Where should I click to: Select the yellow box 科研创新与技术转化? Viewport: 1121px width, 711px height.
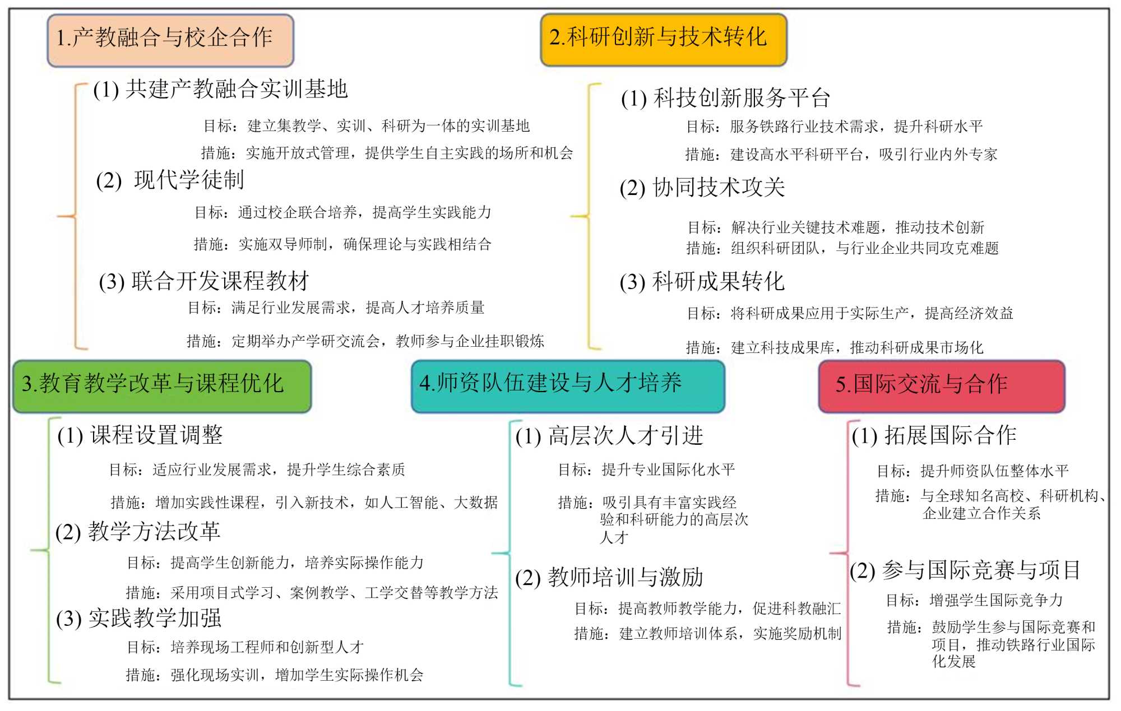click(x=663, y=39)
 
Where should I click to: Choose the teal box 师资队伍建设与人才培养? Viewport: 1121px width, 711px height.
click(x=567, y=385)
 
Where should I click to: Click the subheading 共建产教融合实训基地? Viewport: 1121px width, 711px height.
click(x=221, y=90)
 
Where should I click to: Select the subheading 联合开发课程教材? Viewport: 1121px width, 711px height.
click(x=204, y=281)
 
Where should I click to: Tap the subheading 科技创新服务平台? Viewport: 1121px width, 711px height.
click(x=725, y=99)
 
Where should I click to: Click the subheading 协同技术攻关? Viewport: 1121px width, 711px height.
click(x=702, y=188)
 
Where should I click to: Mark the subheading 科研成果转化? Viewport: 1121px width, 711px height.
click(x=702, y=282)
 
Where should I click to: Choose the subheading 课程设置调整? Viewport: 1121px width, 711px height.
click(x=140, y=435)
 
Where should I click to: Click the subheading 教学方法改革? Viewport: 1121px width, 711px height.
click(x=138, y=532)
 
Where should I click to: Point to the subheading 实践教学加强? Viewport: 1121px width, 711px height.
click(x=139, y=619)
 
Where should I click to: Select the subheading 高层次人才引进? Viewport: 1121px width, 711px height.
click(x=609, y=436)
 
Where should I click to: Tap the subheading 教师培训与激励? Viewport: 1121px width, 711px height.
click(x=609, y=577)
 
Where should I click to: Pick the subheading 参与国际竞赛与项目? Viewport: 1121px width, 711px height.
click(x=965, y=571)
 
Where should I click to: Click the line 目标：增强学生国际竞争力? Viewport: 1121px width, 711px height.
click(x=974, y=601)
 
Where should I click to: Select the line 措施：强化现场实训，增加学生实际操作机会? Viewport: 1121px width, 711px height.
click(x=275, y=675)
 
